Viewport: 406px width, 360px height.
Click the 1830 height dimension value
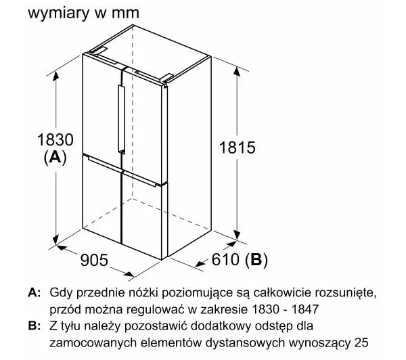tap(55, 139)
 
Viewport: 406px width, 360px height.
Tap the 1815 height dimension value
tap(238, 148)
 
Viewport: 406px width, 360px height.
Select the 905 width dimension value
tap(94, 260)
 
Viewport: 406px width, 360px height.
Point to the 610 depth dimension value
tap(225, 259)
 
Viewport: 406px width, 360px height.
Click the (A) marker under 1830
tap(55, 157)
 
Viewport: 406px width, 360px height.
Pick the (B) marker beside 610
tap(256, 259)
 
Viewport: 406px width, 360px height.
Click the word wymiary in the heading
tap(58, 14)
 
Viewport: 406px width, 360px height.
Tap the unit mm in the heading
tap(126, 14)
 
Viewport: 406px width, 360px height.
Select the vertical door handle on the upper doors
tap(121, 118)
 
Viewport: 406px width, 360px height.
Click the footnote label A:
tap(35, 292)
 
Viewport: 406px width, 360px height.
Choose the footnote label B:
tap(35, 325)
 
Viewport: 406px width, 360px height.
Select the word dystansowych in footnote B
tap(245, 343)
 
